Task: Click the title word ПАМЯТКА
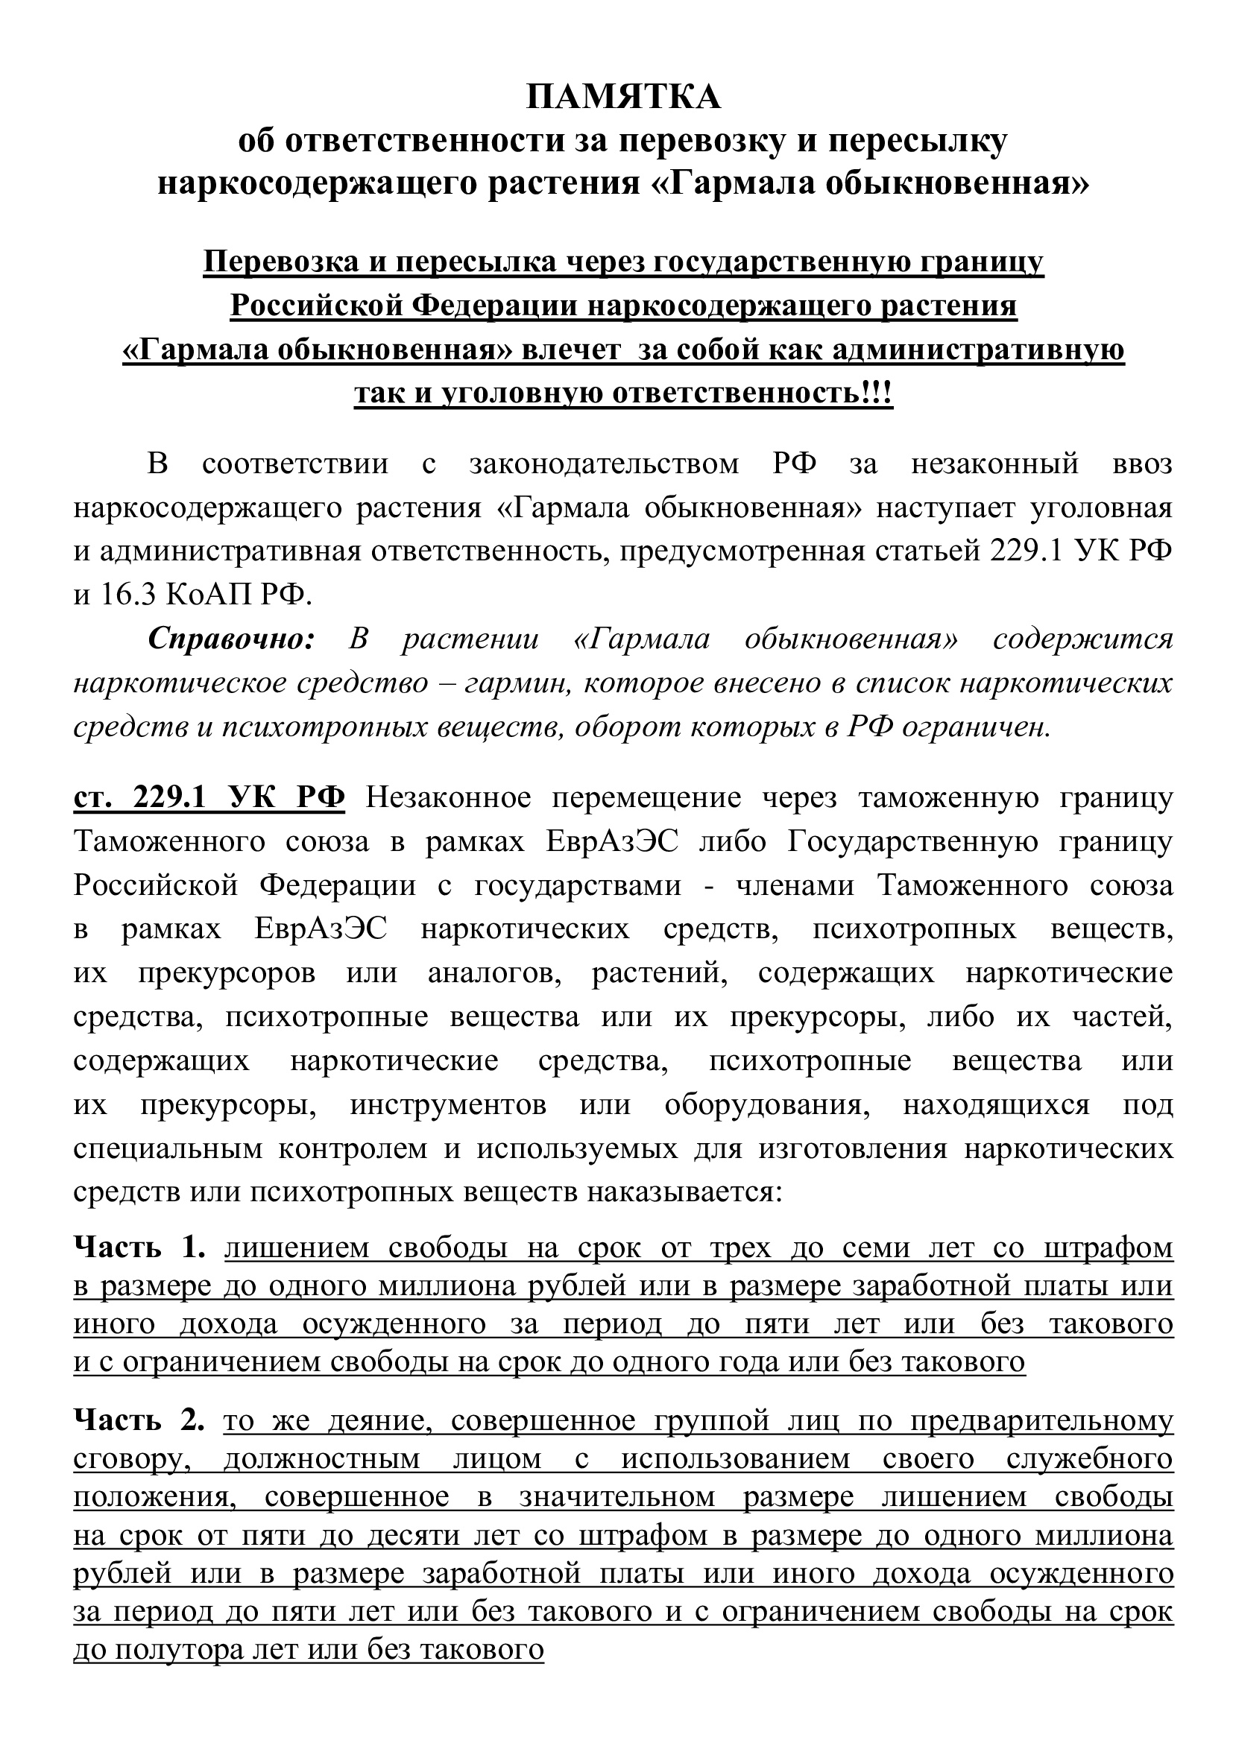pyautogui.click(x=622, y=98)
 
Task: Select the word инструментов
pyautogui.click(x=448, y=1104)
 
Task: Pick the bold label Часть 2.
pyautogui.click(x=139, y=1420)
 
